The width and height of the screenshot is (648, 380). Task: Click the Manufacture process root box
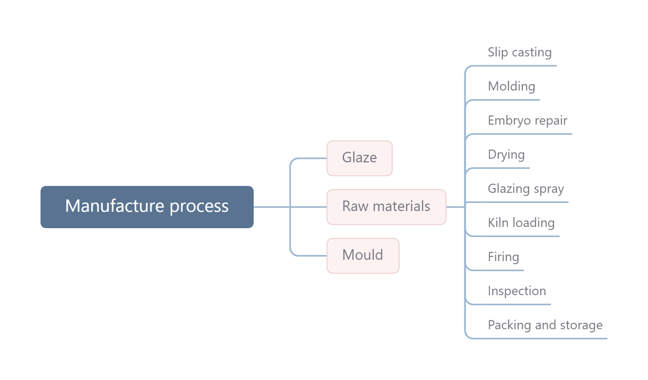click(x=147, y=207)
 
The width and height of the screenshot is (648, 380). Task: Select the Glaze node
click(x=359, y=158)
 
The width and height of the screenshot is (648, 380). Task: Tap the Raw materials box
click(x=387, y=207)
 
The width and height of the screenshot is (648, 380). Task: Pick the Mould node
click(x=363, y=256)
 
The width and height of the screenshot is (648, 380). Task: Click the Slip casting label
click(x=520, y=52)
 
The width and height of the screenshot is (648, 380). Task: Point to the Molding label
click(x=511, y=86)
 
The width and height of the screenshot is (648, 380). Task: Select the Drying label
click(x=506, y=155)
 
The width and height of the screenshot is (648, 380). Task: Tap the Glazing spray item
click(x=526, y=189)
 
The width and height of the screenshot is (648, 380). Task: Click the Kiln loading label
click(x=521, y=223)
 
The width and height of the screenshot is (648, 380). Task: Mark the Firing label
click(x=503, y=257)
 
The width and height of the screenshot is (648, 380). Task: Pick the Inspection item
click(x=517, y=291)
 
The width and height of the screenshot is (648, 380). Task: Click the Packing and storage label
click(x=545, y=325)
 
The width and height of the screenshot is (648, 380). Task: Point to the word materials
click(x=402, y=206)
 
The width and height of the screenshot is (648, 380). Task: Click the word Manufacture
click(x=115, y=206)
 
